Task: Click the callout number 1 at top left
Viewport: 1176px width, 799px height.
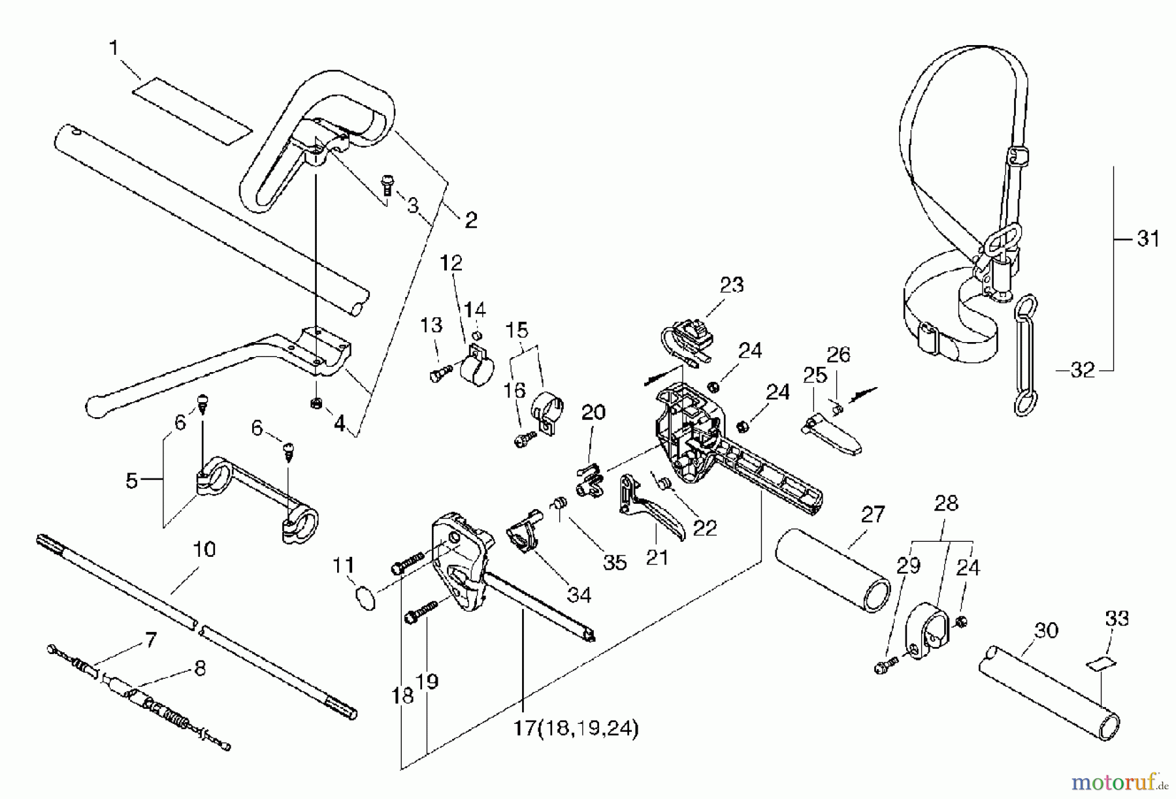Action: click(115, 48)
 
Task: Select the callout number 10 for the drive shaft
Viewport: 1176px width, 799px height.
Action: click(204, 549)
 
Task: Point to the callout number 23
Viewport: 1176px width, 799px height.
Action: click(731, 285)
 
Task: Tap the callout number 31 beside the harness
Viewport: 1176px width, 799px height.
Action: click(1148, 239)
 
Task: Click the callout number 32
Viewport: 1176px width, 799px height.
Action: click(1083, 370)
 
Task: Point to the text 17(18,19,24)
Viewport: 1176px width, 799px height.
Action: click(575, 728)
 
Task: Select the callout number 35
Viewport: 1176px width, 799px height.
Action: click(615, 561)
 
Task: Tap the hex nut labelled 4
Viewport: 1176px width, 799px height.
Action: click(315, 403)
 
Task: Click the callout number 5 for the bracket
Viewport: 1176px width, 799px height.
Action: click(132, 481)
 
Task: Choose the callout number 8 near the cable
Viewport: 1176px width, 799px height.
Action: click(200, 668)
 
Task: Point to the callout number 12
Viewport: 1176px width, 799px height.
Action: click(451, 262)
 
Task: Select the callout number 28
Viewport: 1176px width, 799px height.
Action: click(946, 503)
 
